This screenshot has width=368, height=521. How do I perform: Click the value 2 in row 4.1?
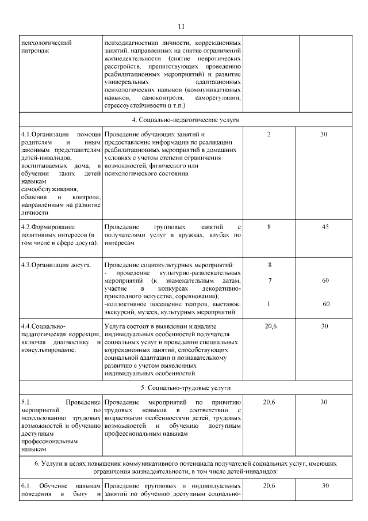269,134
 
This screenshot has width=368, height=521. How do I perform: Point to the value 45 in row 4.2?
325,227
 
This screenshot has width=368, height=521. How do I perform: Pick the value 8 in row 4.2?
269,227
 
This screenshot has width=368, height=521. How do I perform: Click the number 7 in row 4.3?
270,280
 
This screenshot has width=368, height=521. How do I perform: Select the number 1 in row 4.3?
269,304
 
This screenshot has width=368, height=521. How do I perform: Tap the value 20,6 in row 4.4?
270,326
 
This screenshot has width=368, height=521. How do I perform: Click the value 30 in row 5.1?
324,402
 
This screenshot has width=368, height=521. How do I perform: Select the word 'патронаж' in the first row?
35,51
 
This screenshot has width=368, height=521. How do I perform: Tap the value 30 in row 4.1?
324,134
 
